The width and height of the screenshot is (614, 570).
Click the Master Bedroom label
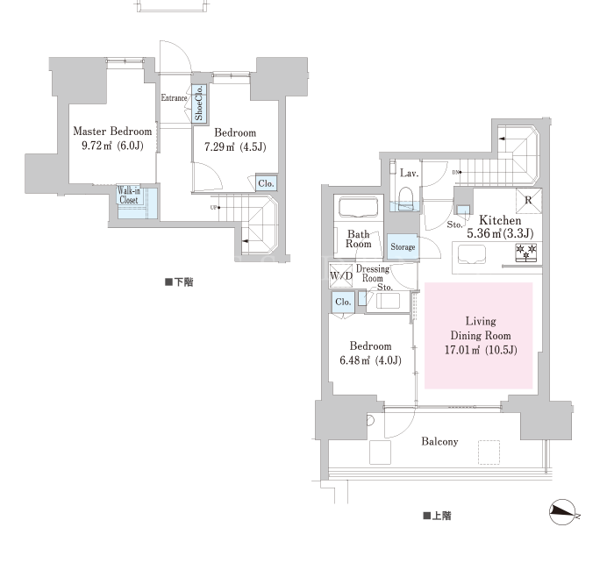coord(112,132)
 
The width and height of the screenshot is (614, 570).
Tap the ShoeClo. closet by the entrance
coord(199,103)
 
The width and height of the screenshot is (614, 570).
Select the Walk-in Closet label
coord(129,196)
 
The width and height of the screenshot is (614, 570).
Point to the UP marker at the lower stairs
coord(214,208)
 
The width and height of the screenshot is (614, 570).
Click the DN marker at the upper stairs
coord(457,172)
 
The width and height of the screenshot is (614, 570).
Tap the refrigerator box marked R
coord(529,201)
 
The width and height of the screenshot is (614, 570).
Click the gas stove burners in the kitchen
coord(526,253)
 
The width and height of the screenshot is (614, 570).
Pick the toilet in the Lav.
coord(405,197)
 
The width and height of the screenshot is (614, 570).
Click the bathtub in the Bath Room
coord(358,207)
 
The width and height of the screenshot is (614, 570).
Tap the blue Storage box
coord(403,246)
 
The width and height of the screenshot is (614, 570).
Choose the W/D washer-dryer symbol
coord(341,275)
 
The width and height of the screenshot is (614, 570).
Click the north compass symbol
coord(563,512)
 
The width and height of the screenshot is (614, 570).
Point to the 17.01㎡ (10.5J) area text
coord(481,350)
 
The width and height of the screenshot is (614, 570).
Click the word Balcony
coord(439,442)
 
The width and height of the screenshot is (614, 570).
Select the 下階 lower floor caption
coord(179,282)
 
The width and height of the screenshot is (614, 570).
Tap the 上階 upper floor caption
coord(437,516)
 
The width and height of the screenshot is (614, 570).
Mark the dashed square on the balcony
coord(489,452)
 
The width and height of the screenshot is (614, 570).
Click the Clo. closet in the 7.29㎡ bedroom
coord(267,183)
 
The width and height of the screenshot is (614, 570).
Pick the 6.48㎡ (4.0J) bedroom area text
coord(370,360)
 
